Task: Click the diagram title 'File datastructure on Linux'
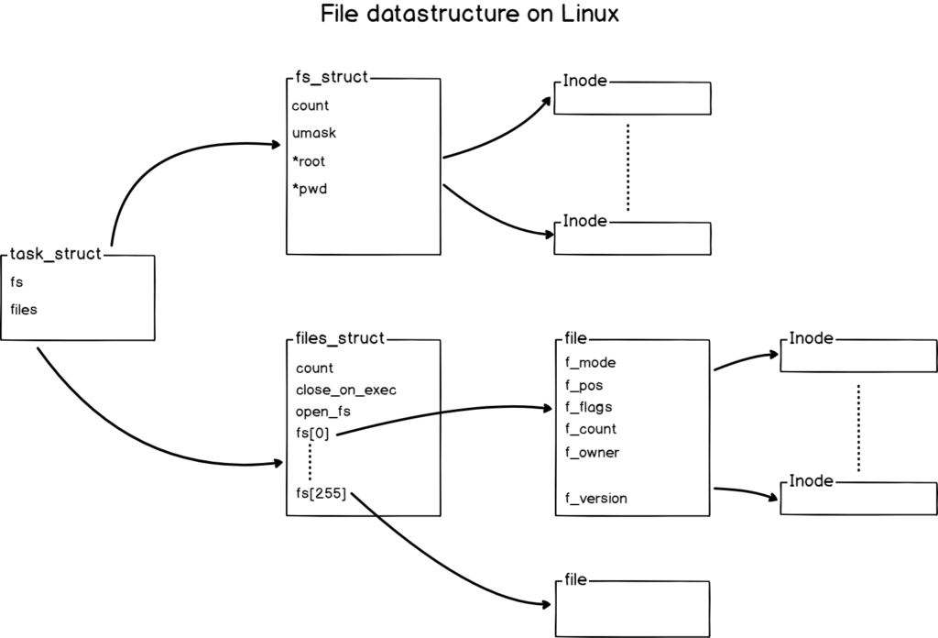pyautogui.click(x=470, y=16)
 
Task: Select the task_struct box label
pyautogui.click(x=55, y=254)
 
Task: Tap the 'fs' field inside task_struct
pyautogui.click(x=16, y=282)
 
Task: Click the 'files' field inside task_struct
pyautogui.click(x=24, y=310)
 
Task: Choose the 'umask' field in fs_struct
pyautogui.click(x=314, y=133)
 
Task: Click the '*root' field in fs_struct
pyautogui.click(x=310, y=161)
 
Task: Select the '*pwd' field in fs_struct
pyautogui.click(x=310, y=190)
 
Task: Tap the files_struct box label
pyautogui.click(x=340, y=339)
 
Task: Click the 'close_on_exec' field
pyautogui.click(x=345, y=390)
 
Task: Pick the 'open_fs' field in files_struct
pyautogui.click(x=323, y=412)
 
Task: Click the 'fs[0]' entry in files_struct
pyautogui.click(x=313, y=434)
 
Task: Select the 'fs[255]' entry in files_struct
pyautogui.click(x=321, y=495)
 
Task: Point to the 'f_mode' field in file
pyautogui.click(x=590, y=362)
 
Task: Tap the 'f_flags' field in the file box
pyautogui.click(x=589, y=407)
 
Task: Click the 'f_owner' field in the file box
pyautogui.click(x=592, y=452)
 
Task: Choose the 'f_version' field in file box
pyautogui.click(x=596, y=499)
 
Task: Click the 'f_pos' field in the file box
pyautogui.click(x=584, y=385)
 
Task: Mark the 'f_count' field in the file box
pyautogui.click(x=591, y=429)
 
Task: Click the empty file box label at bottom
pyautogui.click(x=575, y=581)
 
